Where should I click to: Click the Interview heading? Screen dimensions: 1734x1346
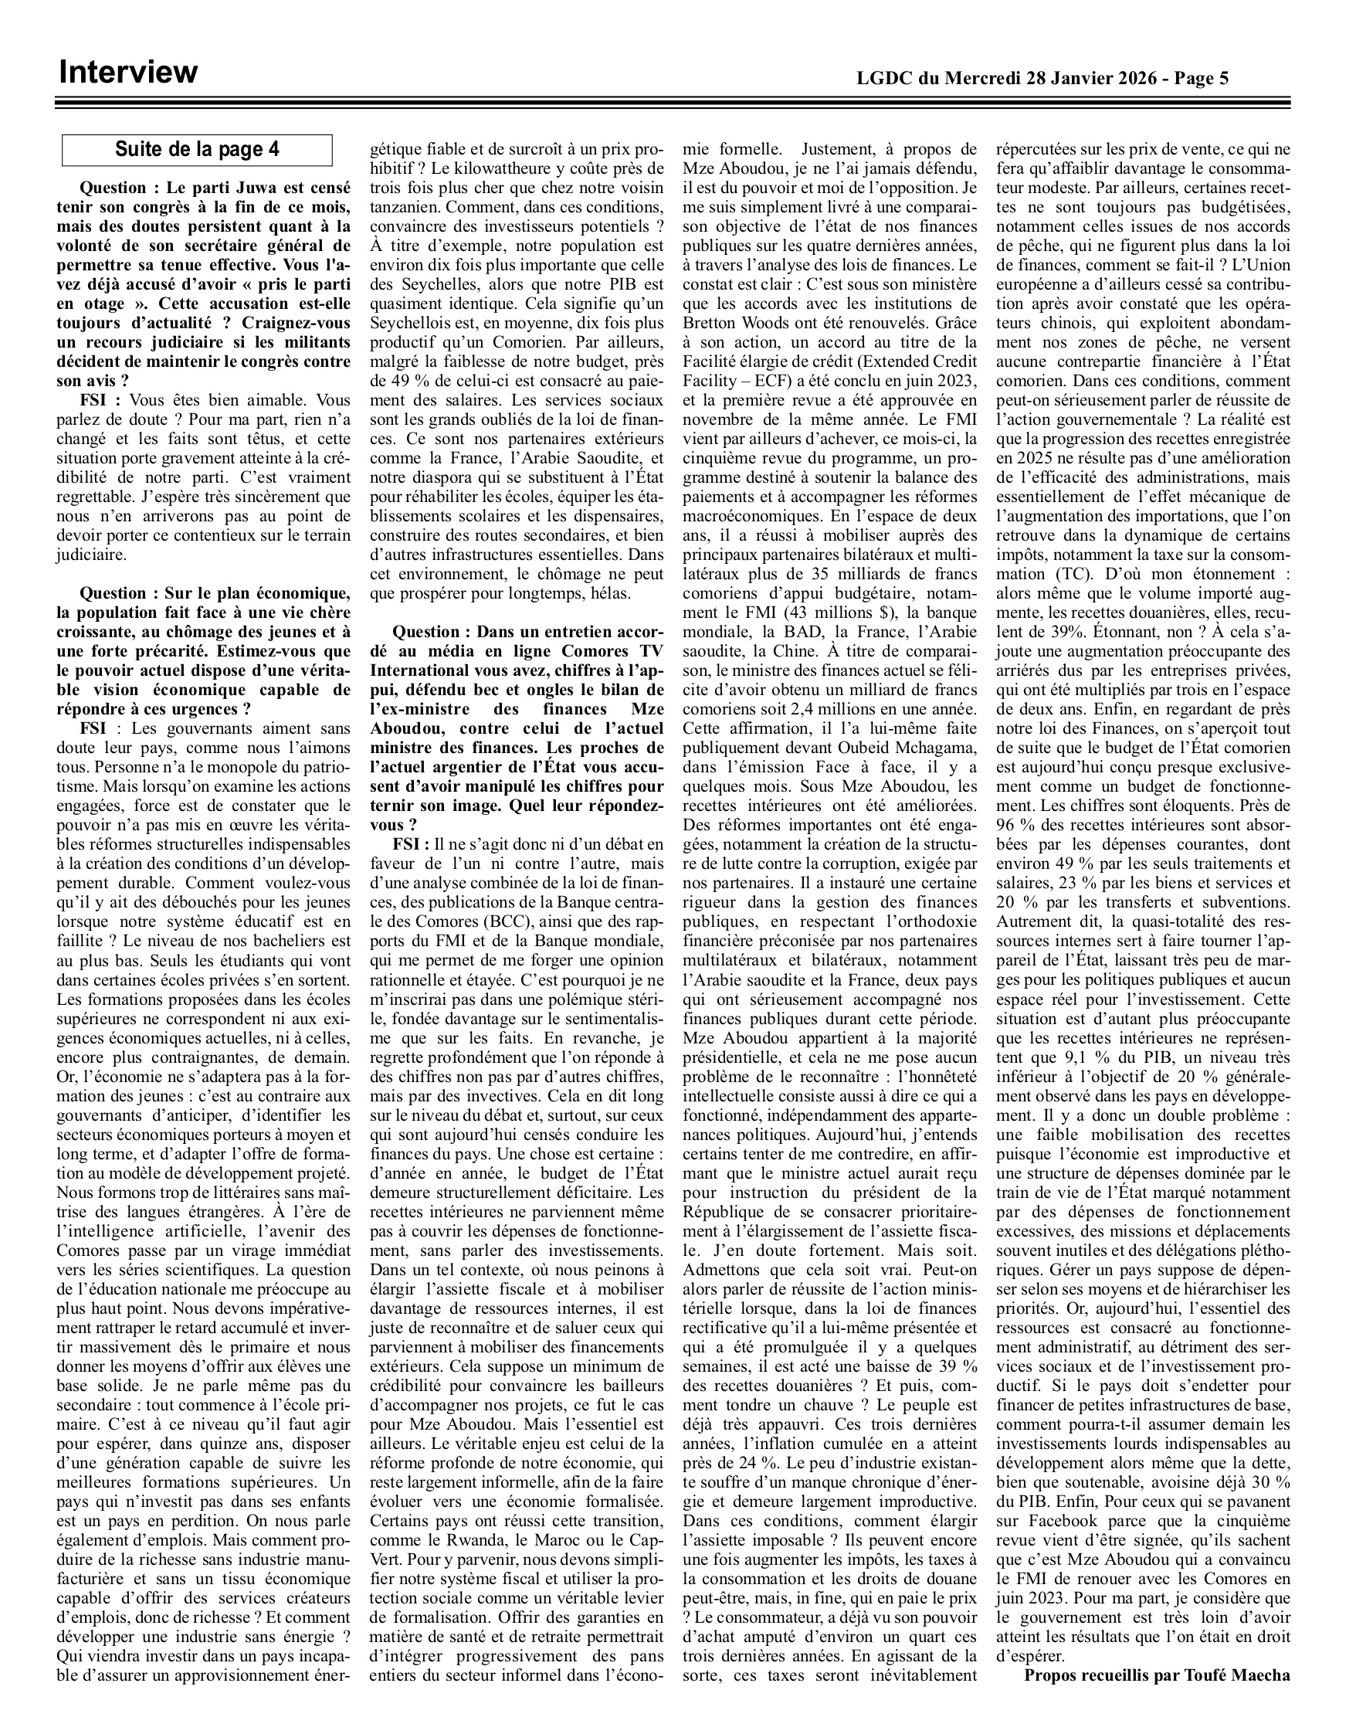click(127, 73)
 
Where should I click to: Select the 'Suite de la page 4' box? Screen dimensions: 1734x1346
click(197, 149)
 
